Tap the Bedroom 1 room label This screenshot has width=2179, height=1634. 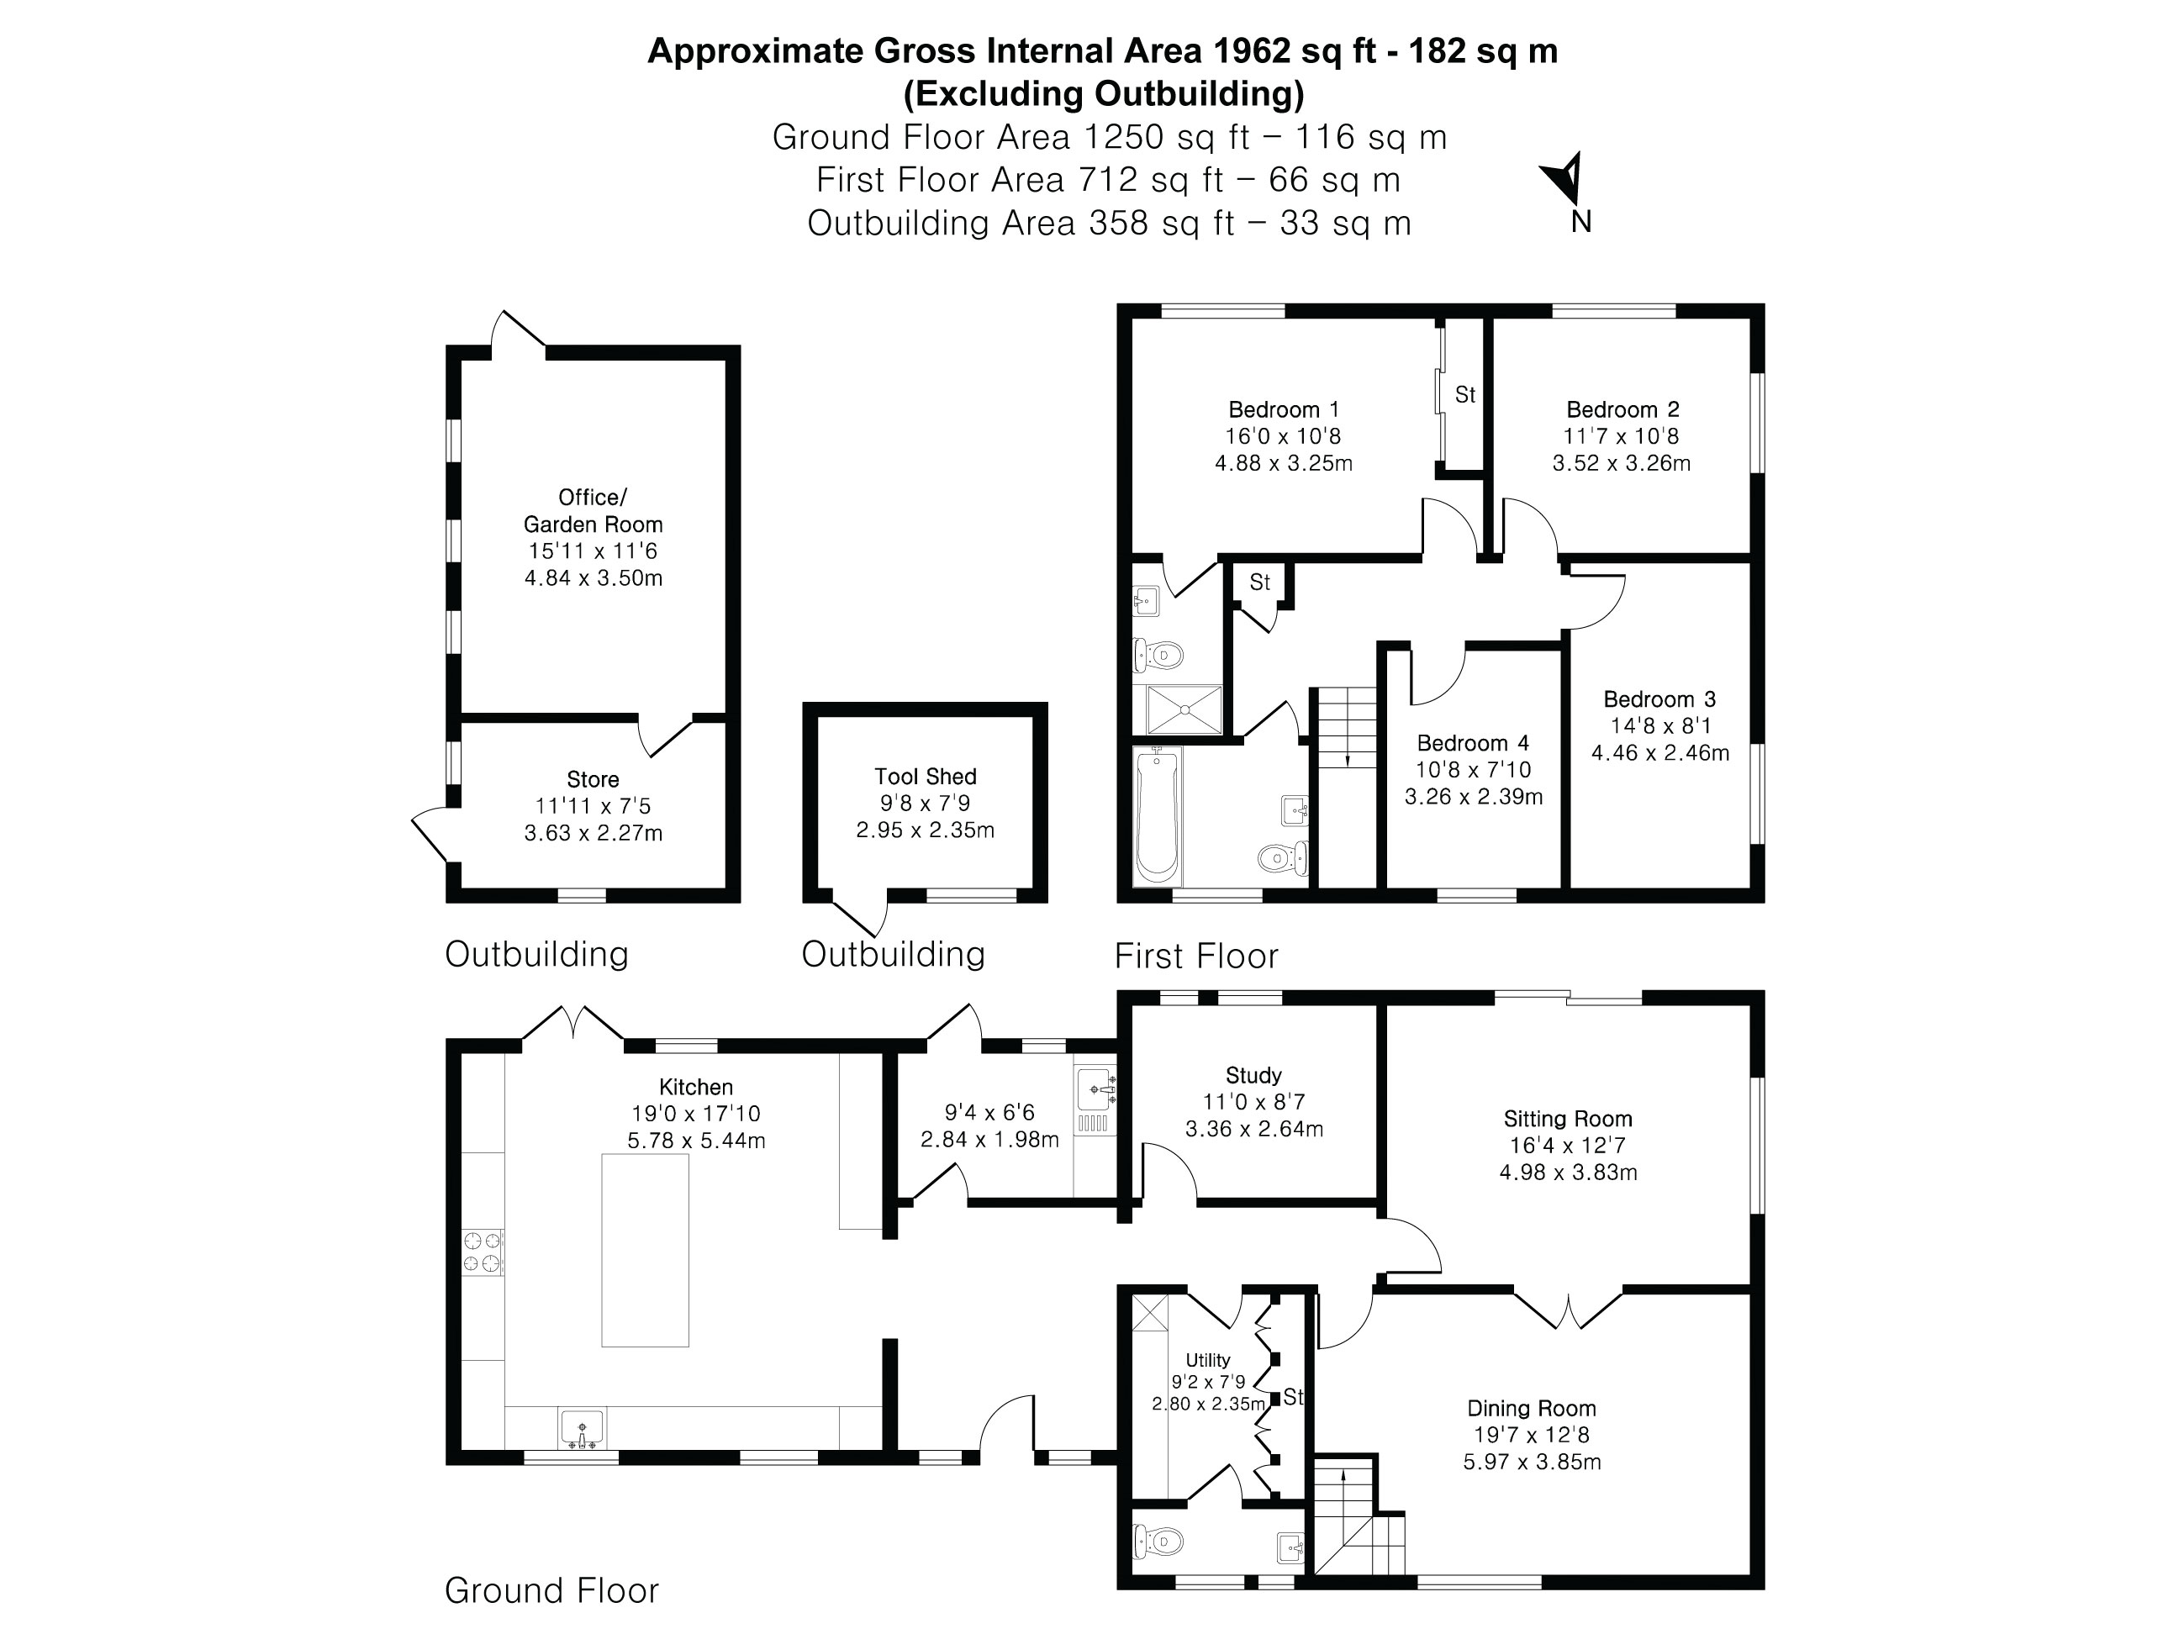tap(1283, 409)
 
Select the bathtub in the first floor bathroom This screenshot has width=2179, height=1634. tap(1158, 814)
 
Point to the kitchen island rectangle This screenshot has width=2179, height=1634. tap(646, 1250)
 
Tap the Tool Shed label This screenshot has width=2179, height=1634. tap(925, 776)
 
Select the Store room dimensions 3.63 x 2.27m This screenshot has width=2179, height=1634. tap(593, 833)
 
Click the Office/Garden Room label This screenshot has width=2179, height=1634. tap(592, 510)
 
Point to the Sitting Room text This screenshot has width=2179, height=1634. tap(1567, 1119)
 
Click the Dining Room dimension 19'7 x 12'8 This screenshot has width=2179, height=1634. tap(1531, 1435)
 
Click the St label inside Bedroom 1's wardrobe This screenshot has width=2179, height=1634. tap(1464, 395)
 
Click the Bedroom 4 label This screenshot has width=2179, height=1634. tap(1473, 744)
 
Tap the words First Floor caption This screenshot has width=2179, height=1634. tap(1196, 956)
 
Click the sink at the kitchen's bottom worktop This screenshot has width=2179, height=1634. tap(583, 1428)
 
